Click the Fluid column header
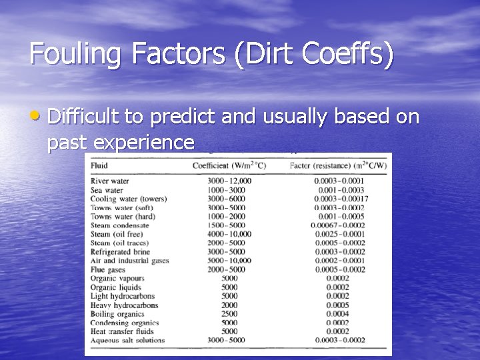point(101,165)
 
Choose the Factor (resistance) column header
point(337,165)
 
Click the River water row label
point(110,181)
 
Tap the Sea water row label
point(107,190)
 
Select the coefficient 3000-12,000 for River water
point(229,181)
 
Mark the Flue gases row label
point(109,269)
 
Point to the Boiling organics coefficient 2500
point(229,313)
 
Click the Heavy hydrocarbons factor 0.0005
point(337,305)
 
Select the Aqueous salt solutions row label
point(127,340)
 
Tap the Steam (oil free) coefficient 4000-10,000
point(229,234)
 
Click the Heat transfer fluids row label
point(122,331)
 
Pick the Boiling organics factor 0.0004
point(337,313)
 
